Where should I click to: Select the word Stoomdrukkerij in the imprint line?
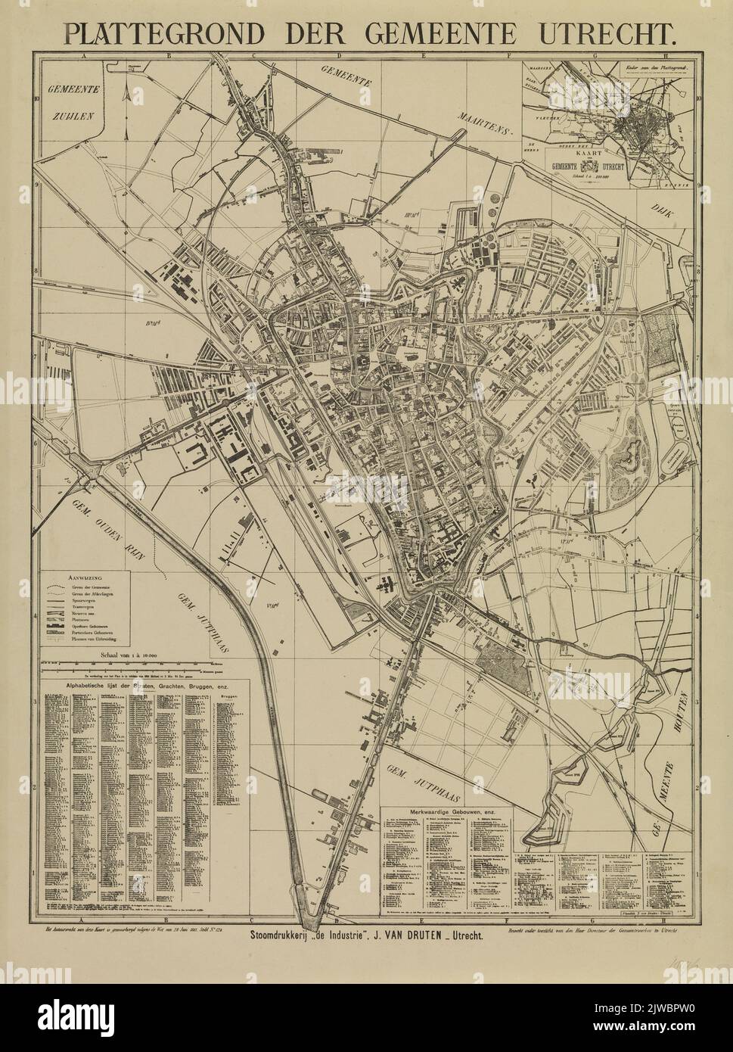[x=284, y=935]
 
